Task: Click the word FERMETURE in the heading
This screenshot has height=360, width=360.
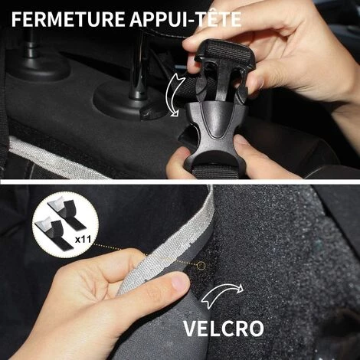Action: click(68, 19)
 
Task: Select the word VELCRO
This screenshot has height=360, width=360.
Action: click(224, 329)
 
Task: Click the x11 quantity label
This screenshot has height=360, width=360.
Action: click(83, 240)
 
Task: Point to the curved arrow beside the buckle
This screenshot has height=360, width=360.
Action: click(175, 94)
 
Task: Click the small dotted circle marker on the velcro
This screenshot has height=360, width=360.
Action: click(201, 266)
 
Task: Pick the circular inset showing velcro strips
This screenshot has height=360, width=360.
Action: click(66, 228)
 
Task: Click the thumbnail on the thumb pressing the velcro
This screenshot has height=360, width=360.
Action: click(180, 282)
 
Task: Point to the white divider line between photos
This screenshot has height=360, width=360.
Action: click(180, 182)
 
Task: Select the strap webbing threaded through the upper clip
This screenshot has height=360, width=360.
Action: click(224, 52)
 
